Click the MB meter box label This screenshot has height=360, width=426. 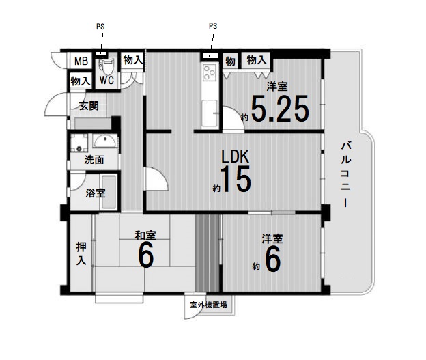(81, 61)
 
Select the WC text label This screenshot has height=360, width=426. (106, 81)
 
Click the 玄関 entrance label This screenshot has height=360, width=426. (89, 106)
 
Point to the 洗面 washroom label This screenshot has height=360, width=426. (94, 160)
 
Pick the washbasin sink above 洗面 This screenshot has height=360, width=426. (104, 141)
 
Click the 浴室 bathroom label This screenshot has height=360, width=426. (96, 193)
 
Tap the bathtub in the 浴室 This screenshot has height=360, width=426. (109, 192)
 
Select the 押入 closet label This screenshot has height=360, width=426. (81, 254)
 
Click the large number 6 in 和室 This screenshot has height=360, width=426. (146, 255)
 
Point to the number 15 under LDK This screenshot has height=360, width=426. (236, 179)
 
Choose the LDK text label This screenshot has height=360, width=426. (236, 156)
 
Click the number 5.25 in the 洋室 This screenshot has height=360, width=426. (280, 109)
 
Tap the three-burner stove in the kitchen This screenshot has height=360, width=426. (210, 72)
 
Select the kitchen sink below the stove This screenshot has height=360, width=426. (210, 113)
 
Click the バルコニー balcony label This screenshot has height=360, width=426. (346, 175)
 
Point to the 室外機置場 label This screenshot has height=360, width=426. (209, 305)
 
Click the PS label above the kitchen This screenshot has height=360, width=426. (213, 26)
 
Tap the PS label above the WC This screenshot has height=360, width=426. (100, 27)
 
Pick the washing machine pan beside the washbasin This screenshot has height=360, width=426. (79, 143)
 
